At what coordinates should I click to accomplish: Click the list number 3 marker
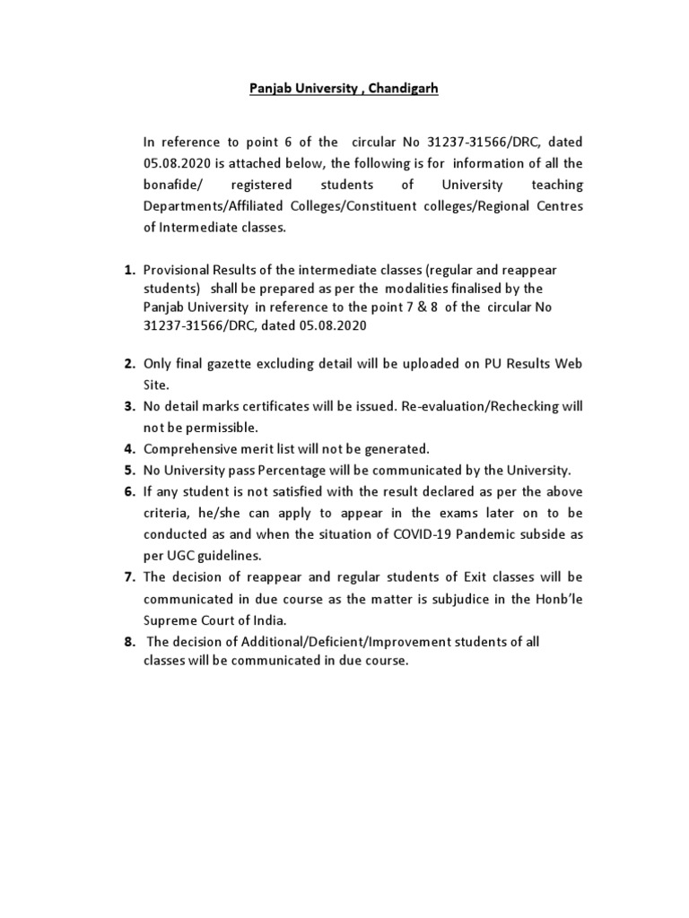pyautogui.click(x=129, y=406)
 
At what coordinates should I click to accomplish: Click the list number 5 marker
pyautogui.click(x=129, y=470)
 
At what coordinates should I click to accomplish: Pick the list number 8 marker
pyautogui.click(x=129, y=642)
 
